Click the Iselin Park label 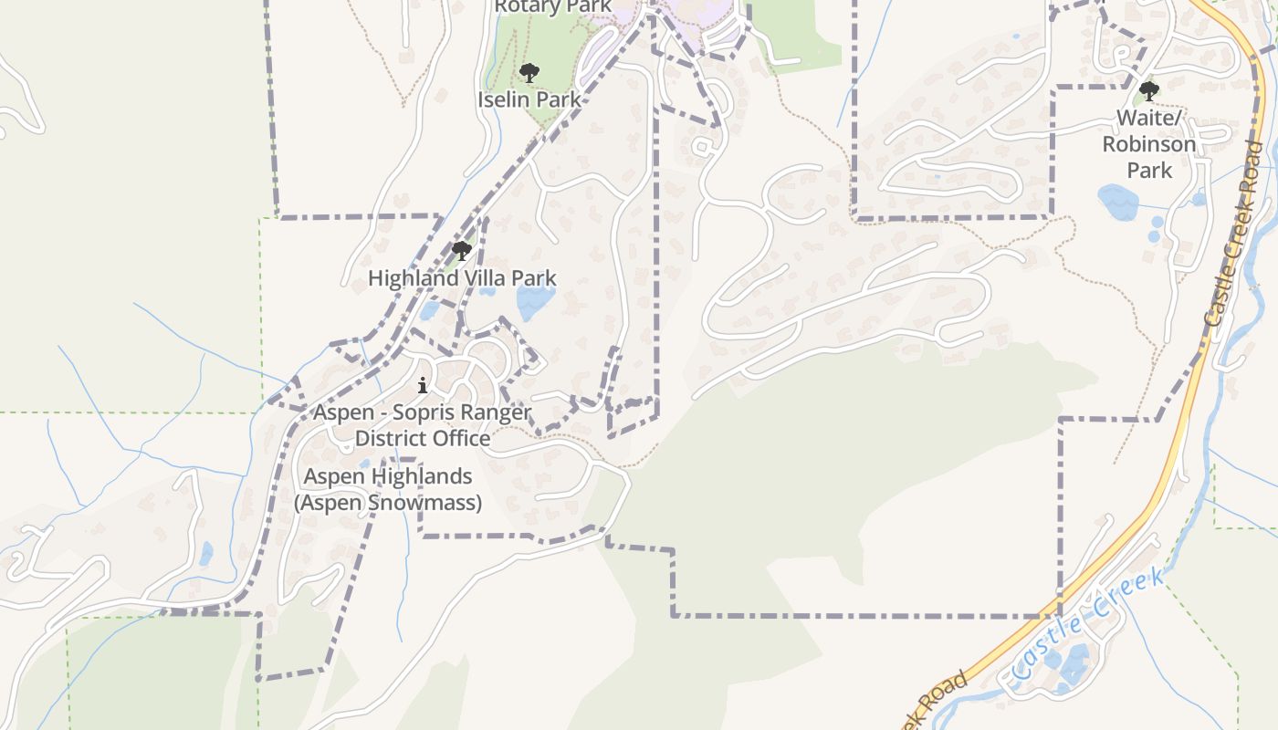529,99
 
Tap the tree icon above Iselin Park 529,73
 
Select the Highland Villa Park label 462,278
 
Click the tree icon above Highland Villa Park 462,251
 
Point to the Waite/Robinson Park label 1149,144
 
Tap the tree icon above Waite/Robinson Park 1149,91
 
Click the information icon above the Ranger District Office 422,386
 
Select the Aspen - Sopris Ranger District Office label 422,425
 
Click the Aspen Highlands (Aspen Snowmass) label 388,489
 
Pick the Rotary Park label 552,7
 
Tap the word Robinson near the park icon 1149,144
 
